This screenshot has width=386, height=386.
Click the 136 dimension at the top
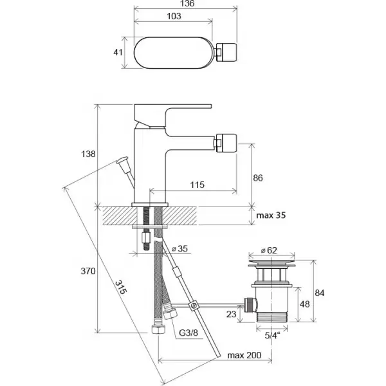click(x=187, y=3)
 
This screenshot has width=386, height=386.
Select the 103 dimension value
click(x=174, y=16)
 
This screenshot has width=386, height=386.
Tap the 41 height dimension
click(x=118, y=53)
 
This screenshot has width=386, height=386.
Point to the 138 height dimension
click(x=88, y=154)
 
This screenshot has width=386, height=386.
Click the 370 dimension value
click(x=88, y=271)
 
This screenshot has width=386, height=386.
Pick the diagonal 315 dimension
click(x=121, y=287)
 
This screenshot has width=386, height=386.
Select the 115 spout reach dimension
click(x=198, y=185)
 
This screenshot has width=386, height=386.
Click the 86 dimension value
click(x=258, y=178)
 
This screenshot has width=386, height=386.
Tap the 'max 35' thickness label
click(x=271, y=216)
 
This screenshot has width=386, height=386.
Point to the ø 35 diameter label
click(x=179, y=249)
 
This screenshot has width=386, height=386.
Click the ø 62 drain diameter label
click(x=269, y=250)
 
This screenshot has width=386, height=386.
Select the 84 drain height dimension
click(x=320, y=293)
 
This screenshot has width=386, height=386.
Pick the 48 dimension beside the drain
click(x=304, y=304)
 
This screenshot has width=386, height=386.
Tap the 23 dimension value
click(x=231, y=314)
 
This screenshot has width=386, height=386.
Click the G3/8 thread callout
click(x=188, y=333)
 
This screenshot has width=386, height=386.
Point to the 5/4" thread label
click(x=273, y=336)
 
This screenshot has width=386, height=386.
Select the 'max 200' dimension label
click(x=244, y=356)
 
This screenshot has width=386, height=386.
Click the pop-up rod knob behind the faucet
click(x=122, y=160)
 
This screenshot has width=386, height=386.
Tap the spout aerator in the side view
click(x=226, y=143)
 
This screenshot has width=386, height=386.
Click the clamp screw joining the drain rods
click(x=193, y=306)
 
